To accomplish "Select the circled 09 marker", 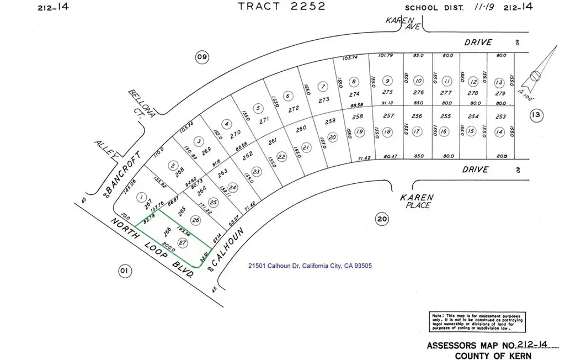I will click(202, 56).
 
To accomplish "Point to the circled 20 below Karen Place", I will click(381, 219).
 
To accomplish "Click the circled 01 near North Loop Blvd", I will click(125, 271).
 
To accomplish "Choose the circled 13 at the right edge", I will click(535, 115).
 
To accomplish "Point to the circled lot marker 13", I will click(499, 82).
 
